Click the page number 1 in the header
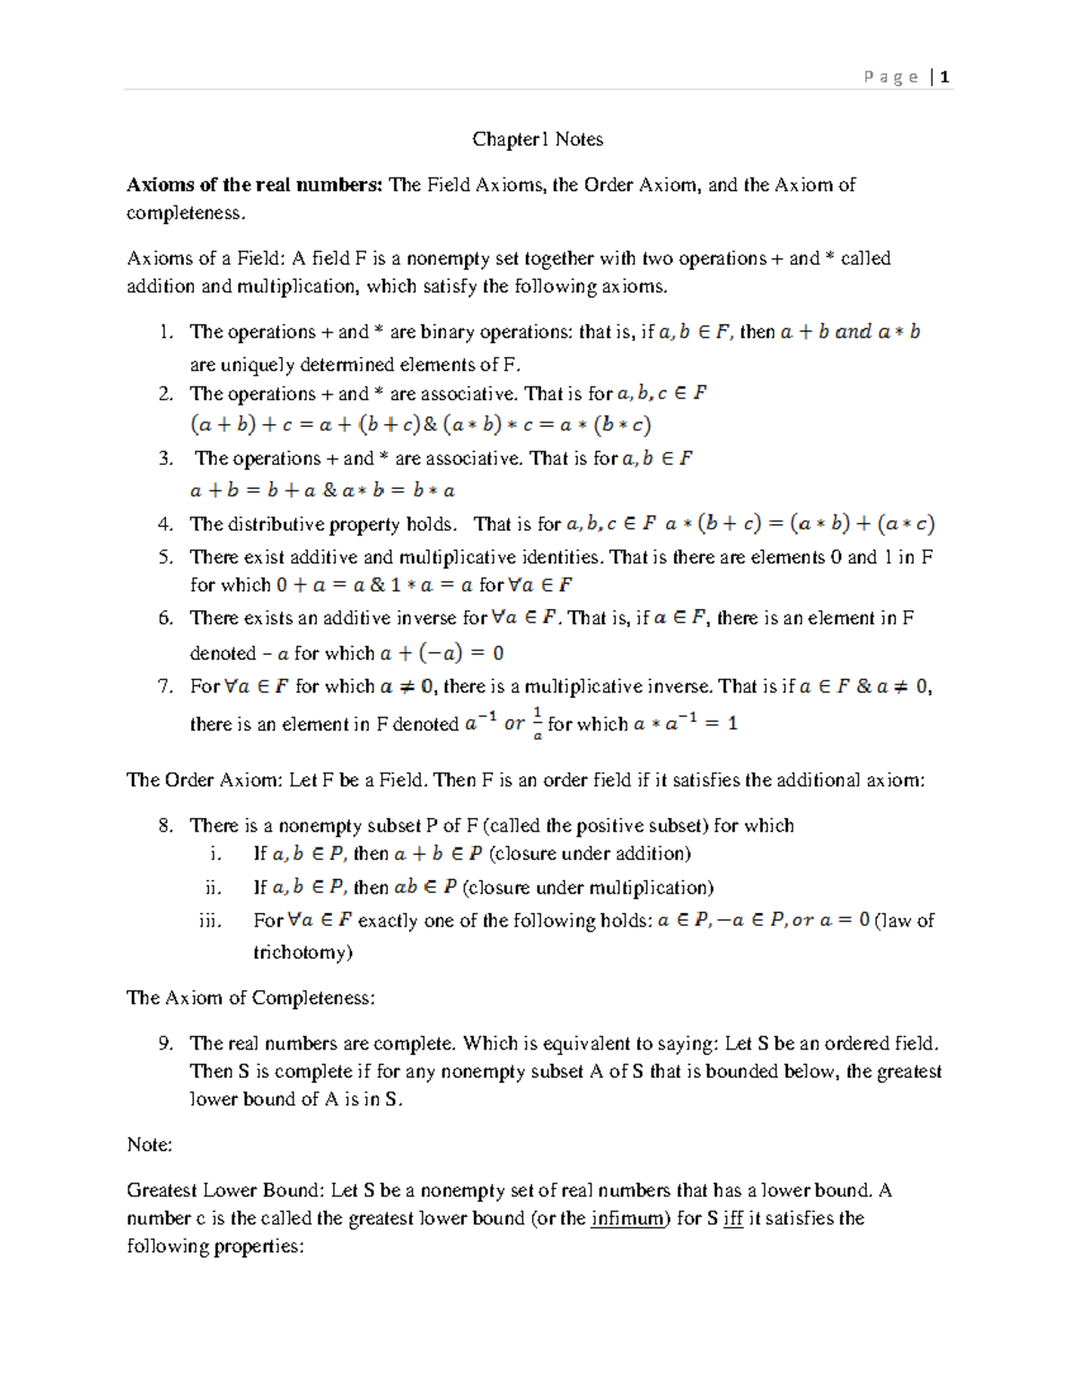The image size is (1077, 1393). [x=945, y=77]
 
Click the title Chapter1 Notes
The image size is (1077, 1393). [x=538, y=139]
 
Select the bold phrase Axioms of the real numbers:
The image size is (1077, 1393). [x=255, y=185]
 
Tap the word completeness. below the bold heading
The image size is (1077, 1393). [x=185, y=213]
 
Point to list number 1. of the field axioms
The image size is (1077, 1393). [x=165, y=332]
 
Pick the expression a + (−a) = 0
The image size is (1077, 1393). [x=442, y=653]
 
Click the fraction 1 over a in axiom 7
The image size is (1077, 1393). [x=538, y=723]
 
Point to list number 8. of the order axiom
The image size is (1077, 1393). [x=165, y=825]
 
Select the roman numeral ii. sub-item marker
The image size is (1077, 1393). [x=213, y=887]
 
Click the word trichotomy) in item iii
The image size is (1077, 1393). [x=302, y=952]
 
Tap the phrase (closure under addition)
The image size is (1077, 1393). [x=590, y=853]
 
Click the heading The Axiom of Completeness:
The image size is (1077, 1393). [x=250, y=997]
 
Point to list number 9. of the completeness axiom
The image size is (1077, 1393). [x=165, y=1043]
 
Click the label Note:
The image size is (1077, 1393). [x=149, y=1145]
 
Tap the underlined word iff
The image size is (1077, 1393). [x=733, y=1218]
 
